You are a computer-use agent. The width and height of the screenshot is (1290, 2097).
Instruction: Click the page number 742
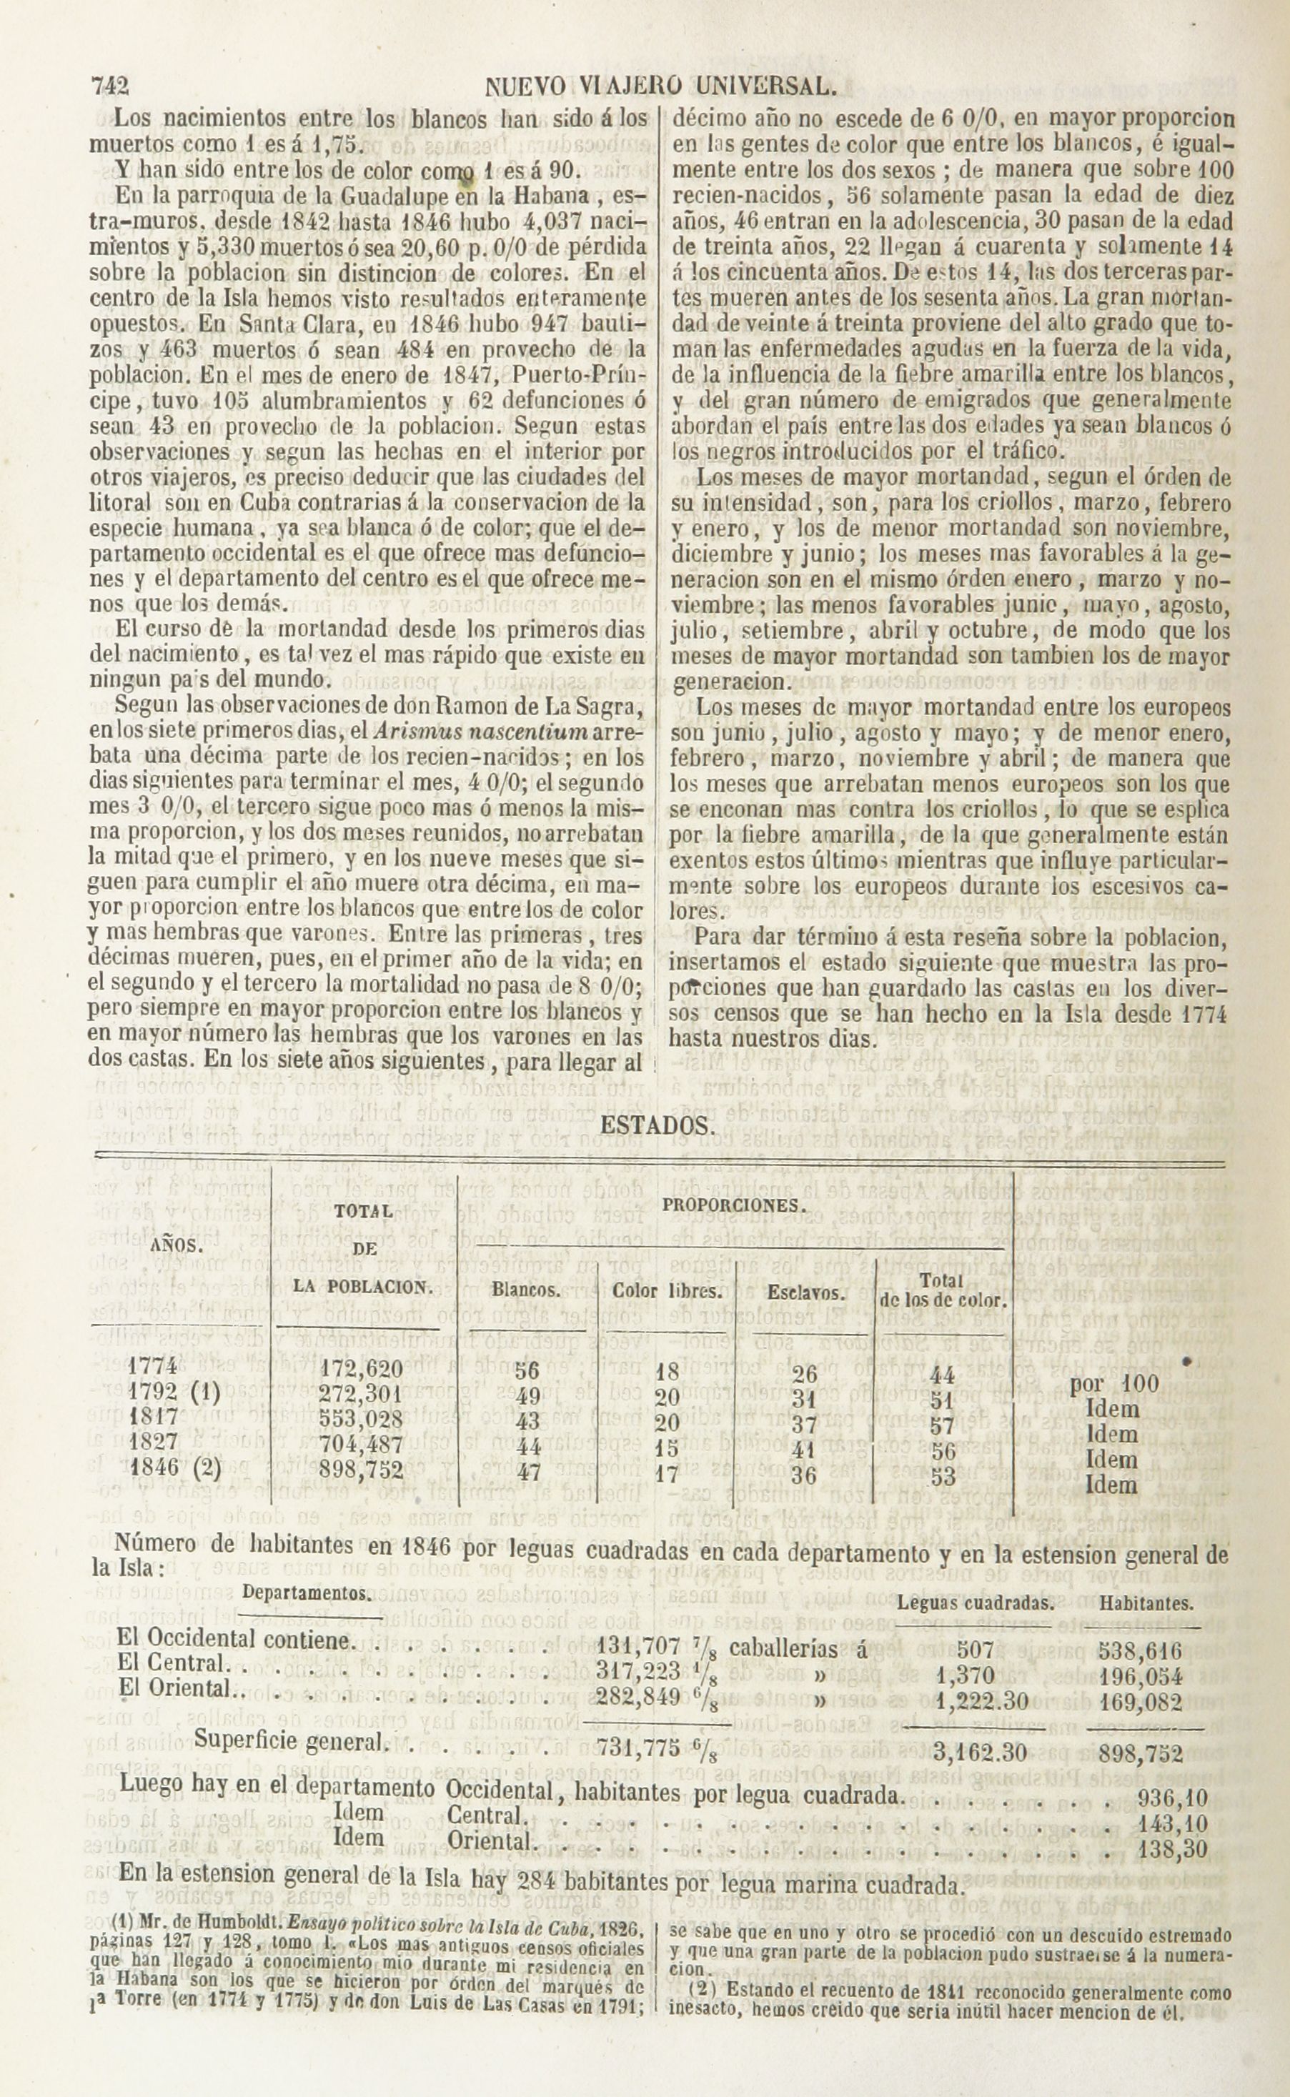[109, 86]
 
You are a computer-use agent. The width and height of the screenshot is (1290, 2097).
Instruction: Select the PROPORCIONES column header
[734, 1206]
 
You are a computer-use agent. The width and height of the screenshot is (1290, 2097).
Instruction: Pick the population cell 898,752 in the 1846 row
[362, 1470]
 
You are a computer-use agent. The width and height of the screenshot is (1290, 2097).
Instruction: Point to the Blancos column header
[527, 1290]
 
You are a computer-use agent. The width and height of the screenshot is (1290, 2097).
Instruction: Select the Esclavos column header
[805, 1292]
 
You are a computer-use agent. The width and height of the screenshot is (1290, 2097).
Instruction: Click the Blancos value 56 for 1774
[527, 1370]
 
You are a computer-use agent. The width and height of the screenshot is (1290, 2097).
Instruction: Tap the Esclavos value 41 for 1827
[804, 1449]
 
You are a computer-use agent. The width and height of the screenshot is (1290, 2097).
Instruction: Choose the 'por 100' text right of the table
[1114, 1383]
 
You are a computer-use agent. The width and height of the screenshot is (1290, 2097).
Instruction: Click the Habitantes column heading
[1146, 1603]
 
